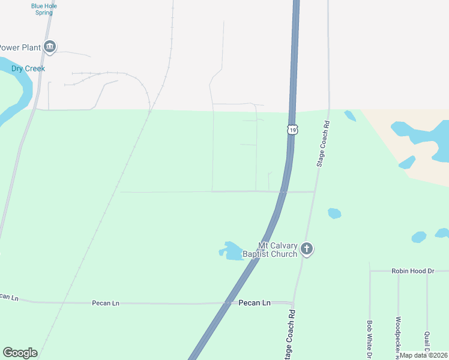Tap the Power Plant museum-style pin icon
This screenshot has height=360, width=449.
(x=50, y=47)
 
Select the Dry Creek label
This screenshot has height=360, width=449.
(x=28, y=68)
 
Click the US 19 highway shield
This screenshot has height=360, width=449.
(x=292, y=130)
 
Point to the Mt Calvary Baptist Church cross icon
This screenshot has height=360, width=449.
(x=307, y=249)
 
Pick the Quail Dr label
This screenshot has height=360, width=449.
(x=427, y=340)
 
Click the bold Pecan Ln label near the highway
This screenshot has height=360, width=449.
(x=255, y=303)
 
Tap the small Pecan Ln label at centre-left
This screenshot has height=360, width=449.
(x=106, y=303)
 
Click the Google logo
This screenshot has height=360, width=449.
(x=20, y=353)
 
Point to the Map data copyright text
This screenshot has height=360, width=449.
(x=423, y=355)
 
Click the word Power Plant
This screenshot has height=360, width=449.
(x=20, y=47)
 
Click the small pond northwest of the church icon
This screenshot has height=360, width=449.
(x=334, y=213)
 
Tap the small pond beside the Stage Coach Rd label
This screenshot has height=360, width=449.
(x=350, y=115)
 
